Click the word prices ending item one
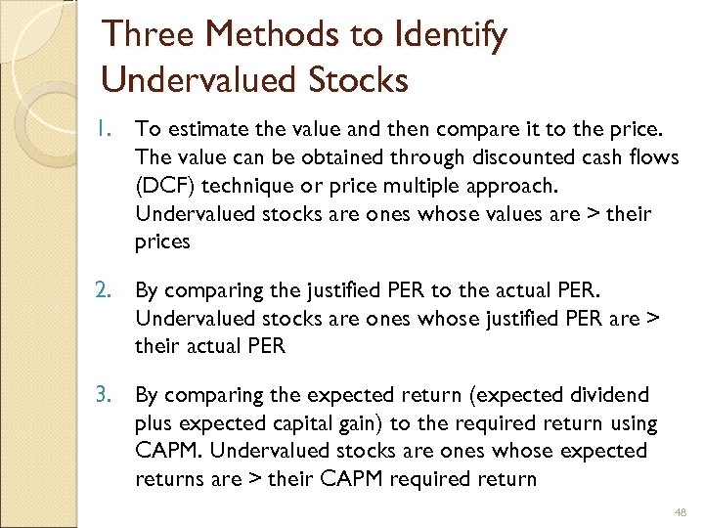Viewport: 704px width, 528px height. [x=161, y=242]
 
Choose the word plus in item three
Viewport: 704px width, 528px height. [x=154, y=423]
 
